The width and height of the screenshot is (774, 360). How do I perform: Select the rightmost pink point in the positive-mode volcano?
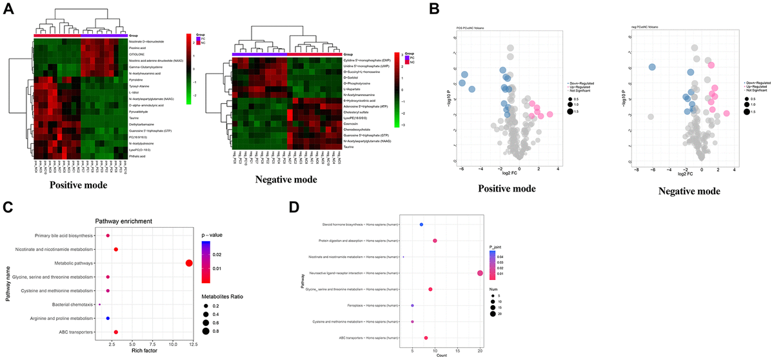pyautogui.click(x=550, y=115)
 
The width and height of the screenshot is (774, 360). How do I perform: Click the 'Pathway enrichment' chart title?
pyautogui.click(x=121, y=221)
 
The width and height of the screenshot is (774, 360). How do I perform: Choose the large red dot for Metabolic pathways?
pyautogui.click(x=189, y=263)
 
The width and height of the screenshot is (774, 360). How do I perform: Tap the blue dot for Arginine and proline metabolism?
pyautogui.click(x=108, y=318)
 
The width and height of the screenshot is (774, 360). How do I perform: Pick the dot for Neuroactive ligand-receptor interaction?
pyautogui.click(x=480, y=273)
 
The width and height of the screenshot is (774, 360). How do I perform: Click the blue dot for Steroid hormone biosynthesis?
pyautogui.click(x=421, y=225)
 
